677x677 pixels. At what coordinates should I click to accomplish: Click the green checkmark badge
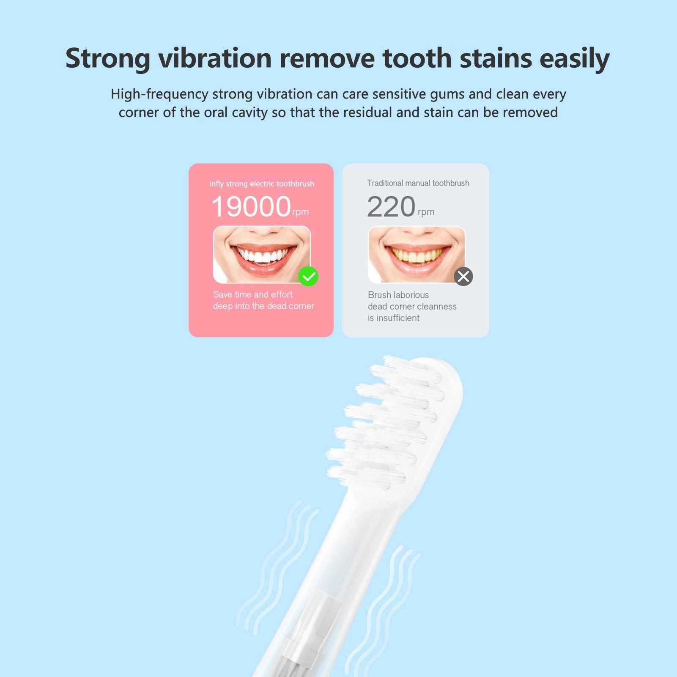(308, 277)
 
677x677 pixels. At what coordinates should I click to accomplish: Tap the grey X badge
(463, 277)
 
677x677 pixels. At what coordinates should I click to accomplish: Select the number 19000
(251, 207)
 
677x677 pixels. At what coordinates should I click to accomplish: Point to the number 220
(391, 207)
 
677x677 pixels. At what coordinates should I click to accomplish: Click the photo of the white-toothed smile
(262, 255)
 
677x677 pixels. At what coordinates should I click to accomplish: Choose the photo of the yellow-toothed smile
(417, 255)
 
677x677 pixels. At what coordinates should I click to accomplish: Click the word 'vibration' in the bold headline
(215, 58)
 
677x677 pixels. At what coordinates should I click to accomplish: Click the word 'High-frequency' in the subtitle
(159, 94)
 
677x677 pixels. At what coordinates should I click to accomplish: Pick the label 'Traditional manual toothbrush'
(418, 183)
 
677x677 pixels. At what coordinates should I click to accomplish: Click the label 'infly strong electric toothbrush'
(262, 184)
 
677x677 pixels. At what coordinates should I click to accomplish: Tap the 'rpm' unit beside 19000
(300, 212)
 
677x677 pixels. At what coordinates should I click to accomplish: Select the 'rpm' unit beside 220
(426, 212)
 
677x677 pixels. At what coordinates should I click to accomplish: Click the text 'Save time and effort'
(253, 294)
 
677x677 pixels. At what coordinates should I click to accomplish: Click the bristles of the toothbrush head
(383, 423)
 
